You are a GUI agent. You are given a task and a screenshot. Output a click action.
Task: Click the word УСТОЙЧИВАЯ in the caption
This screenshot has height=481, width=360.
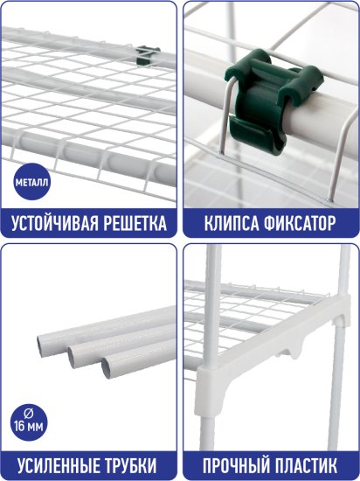52,222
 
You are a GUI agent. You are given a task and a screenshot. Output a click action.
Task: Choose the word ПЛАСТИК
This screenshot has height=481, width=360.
307,464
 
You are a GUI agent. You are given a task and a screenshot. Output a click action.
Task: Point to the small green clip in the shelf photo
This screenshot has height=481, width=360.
149,54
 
